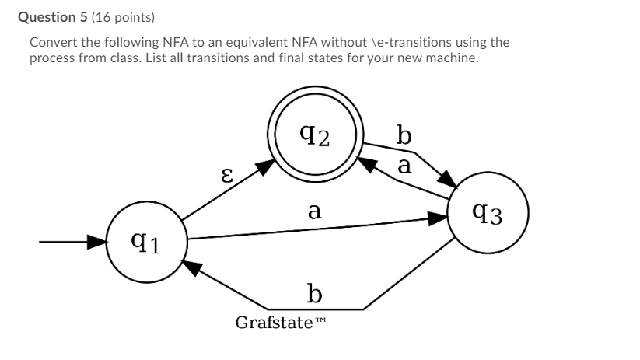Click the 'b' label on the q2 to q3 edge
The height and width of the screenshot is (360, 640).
404,136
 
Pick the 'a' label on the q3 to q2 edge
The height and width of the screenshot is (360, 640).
404,165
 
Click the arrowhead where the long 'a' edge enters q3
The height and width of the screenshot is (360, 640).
442,220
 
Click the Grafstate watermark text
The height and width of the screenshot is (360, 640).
273,321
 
